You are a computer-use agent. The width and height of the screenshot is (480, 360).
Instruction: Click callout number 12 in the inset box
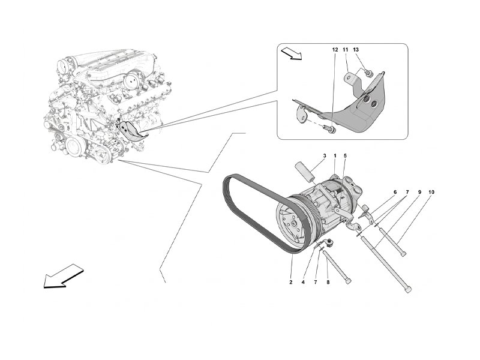(335, 50)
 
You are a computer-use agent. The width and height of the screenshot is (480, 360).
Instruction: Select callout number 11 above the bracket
(346, 50)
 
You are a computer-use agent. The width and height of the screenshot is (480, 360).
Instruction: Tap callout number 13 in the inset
(356, 50)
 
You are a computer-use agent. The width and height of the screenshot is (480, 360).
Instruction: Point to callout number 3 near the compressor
(325, 156)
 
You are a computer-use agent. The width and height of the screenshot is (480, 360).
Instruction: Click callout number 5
(345, 156)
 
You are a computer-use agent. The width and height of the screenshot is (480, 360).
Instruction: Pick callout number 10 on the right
(431, 192)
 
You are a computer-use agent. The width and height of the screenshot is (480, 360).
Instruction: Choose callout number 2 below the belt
(291, 282)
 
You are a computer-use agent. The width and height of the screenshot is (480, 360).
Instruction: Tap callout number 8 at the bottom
(328, 282)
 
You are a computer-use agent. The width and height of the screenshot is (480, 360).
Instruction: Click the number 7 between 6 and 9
(407, 192)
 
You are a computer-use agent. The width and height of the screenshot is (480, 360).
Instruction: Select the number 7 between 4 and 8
(316, 282)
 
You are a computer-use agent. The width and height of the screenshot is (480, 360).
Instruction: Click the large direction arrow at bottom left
(64, 276)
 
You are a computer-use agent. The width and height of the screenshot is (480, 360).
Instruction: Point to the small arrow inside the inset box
(292, 53)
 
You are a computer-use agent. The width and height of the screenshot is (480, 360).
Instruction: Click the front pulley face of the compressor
(292, 225)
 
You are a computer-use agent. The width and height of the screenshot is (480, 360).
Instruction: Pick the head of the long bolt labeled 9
(409, 289)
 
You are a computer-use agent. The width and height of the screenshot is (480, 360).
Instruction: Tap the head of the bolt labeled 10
(403, 253)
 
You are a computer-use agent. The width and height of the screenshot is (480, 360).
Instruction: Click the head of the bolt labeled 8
(348, 281)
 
